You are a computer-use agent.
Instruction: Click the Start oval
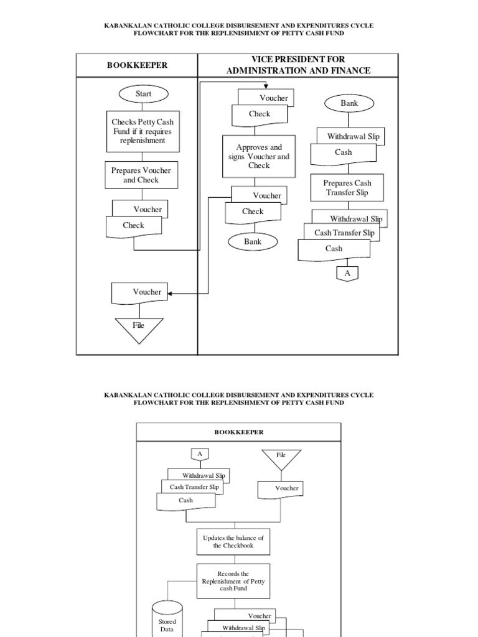coord(143,94)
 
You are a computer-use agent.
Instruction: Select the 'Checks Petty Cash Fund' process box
coord(143,131)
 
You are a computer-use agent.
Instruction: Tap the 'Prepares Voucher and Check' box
coord(141,175)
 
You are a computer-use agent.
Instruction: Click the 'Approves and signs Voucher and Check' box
coord(259,157)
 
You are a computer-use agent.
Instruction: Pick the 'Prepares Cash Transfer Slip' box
coord(347,188)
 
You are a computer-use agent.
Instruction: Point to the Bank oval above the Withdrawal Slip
coord(349,103)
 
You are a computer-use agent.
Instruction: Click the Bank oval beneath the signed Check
coord(253,241)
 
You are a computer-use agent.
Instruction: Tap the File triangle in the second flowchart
coord(281,457)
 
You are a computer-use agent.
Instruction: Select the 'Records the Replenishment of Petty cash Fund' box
coord(233,581)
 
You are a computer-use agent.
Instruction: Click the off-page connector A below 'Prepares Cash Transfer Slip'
coord(347,273)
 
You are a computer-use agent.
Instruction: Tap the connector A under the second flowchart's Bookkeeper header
coord(200,455)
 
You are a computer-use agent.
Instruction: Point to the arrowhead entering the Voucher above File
coord(171,293)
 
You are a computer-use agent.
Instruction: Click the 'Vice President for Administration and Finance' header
coord(298,65)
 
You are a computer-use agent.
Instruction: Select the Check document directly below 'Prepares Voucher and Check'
coord(133,226)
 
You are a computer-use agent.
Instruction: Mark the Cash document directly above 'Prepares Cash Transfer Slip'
coord(343,153)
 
